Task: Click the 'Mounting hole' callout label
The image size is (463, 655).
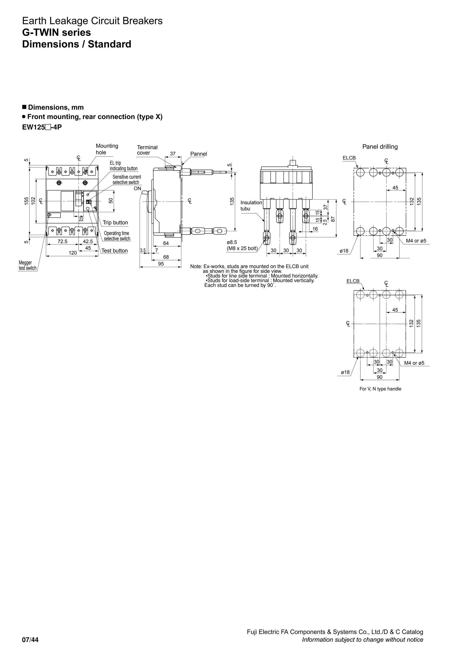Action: tap(107, 149)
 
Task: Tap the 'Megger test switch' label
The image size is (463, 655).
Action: tap(27, 265)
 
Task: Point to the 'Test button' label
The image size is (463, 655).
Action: tap(114, 251)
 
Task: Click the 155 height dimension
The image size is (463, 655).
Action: tap(26, 201)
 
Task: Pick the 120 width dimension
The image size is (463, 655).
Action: tap(73, 253)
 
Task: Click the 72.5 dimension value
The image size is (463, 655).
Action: tap(62, 241)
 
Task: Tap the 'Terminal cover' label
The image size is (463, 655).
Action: tap(147, 150)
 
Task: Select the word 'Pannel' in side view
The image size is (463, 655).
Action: tap(198, 154)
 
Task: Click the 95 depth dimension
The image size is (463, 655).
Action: tap(161, 264)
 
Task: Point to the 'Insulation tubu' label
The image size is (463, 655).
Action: tap(251, 206)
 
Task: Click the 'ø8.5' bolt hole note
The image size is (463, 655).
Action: tap(232, 242)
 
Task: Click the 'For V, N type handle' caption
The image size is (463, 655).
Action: tap(380, 389)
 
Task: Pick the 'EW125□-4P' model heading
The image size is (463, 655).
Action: tap(42, 127)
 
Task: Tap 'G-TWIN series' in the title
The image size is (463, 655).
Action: tap(57, 33)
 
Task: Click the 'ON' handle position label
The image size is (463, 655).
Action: tap(137, 189)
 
